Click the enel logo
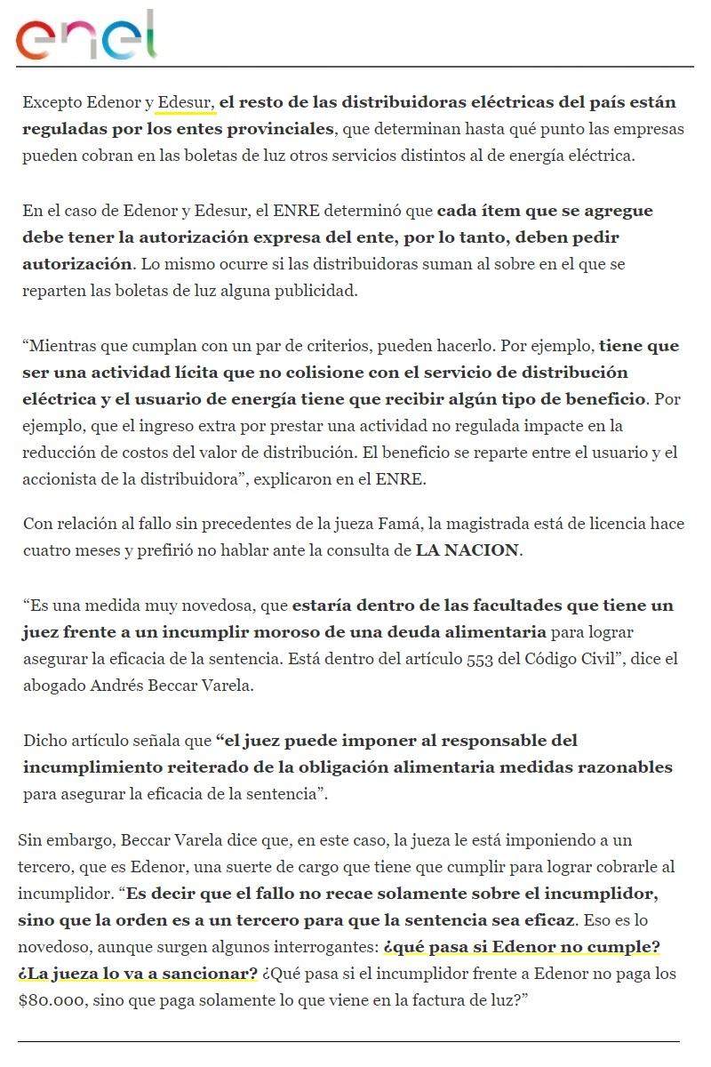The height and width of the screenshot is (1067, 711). [86, 37]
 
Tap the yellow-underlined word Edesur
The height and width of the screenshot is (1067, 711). [186, 102]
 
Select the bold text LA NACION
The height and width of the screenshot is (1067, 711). [467, 550]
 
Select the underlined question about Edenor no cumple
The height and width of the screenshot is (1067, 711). [521, 946]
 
